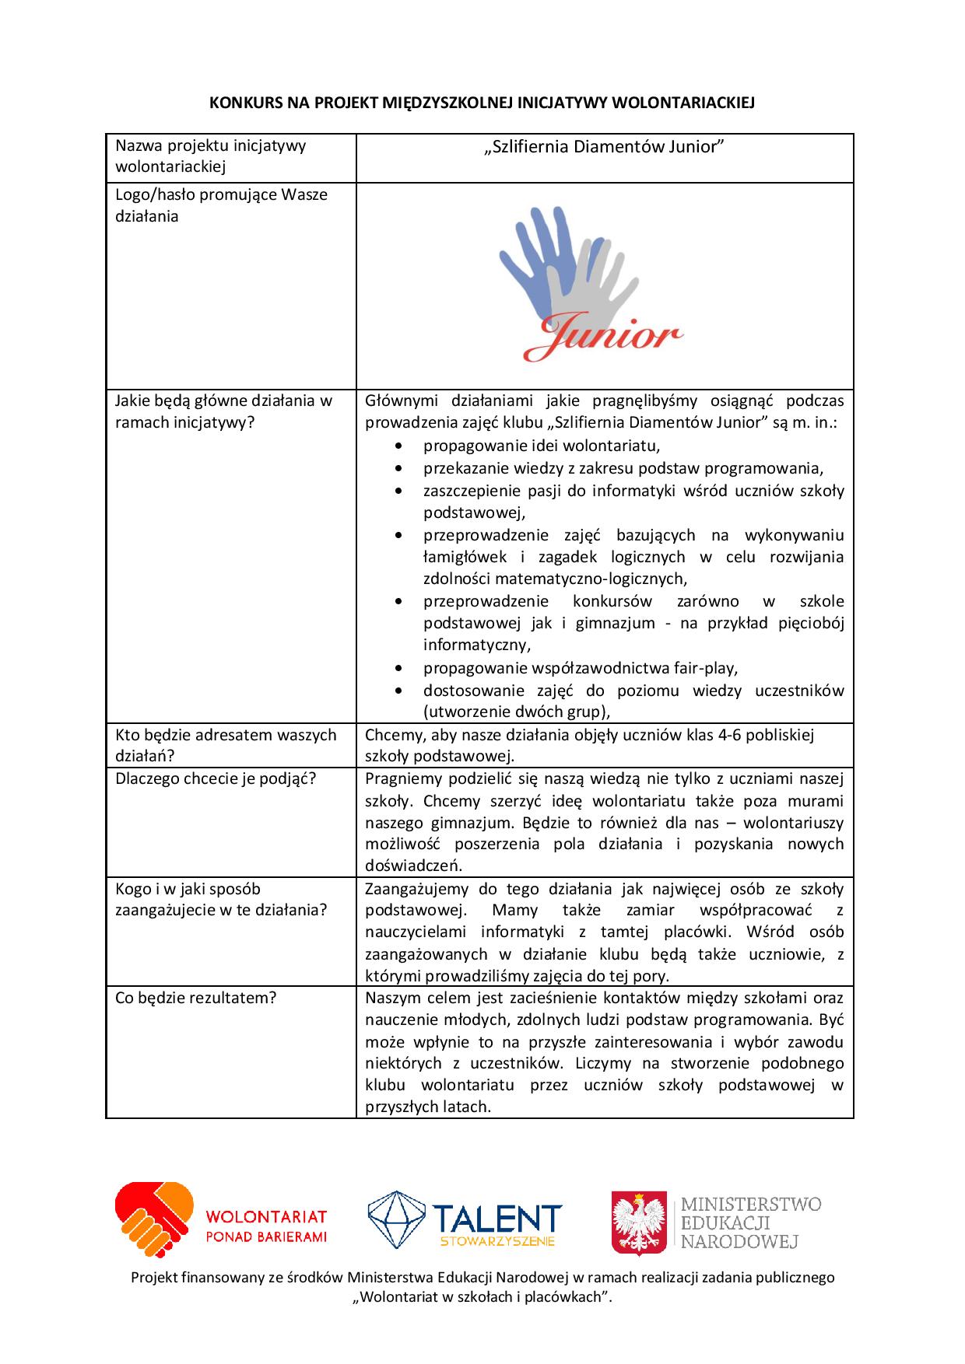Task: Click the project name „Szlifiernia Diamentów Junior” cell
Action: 604,148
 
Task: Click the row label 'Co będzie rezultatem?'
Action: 195,998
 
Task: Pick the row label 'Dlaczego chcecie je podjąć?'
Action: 216,778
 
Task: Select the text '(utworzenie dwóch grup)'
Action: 516,712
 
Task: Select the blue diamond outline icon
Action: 396,1219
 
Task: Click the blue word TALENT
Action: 497,1217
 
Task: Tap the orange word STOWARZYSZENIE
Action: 497,1242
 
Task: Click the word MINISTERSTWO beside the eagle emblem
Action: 751,1205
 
